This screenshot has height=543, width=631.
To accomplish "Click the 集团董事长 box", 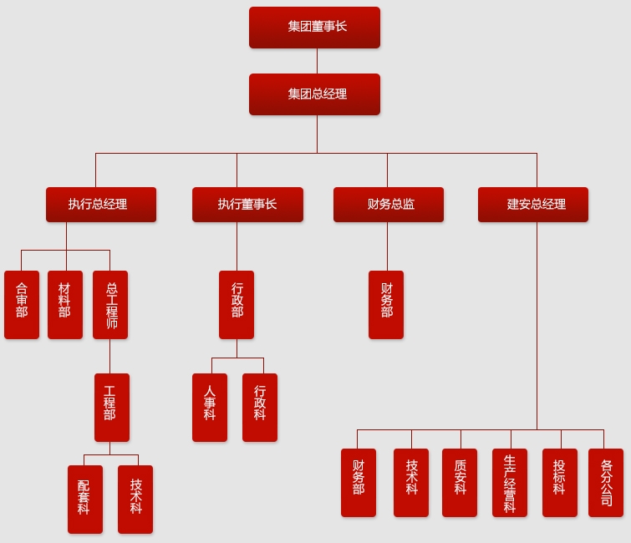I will click(x=314, y=28).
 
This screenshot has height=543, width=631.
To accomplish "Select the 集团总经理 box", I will click(x=314, y=94).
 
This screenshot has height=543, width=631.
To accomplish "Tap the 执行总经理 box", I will click(x=101, y=205).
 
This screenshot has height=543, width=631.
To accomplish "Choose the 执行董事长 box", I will click(x=247, y=205).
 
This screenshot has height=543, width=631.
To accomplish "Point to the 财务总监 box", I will click(x=389, y=205).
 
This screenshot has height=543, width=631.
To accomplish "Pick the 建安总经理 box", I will click(x=533, y=205).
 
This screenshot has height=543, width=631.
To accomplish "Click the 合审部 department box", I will click(x=22, y=305).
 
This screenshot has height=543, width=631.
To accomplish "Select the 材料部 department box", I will click(x=65, y=305).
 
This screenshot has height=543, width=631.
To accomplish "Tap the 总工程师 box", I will click(x=110, y=305).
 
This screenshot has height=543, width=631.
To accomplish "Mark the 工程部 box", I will click(x=112, y=408).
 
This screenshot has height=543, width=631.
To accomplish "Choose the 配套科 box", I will click(x=85, y=500).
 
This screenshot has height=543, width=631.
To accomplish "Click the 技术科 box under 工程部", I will click(x=135, y=500).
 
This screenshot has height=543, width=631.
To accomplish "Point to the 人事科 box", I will click(x=210, y=408).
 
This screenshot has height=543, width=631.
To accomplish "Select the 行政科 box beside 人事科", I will click(x=260, y=408).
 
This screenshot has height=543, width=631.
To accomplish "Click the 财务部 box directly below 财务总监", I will click(x=386, y=305).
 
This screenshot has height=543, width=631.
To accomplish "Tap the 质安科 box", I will click(x=460, y=483).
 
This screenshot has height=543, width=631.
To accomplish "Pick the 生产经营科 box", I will click(x=510, y=483).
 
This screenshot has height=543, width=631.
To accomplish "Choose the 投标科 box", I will click(x=560, y=483).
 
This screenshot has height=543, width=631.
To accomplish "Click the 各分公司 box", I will click(x=606, y=483).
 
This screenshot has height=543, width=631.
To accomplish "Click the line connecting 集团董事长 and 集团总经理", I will click(x=317, y=61).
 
